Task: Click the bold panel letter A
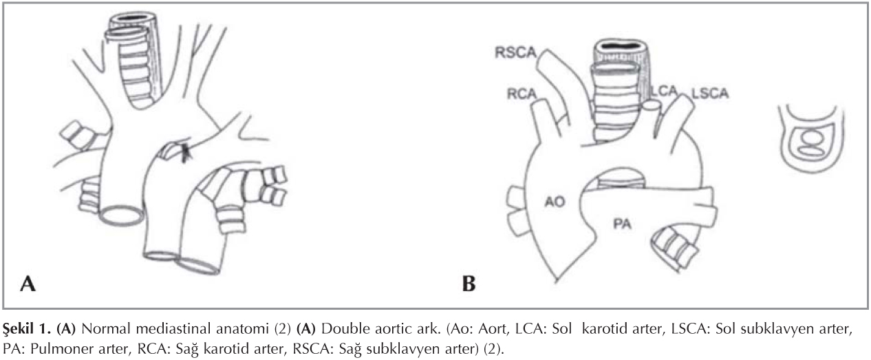pos(28,283)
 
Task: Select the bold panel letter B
pos(469,283)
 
